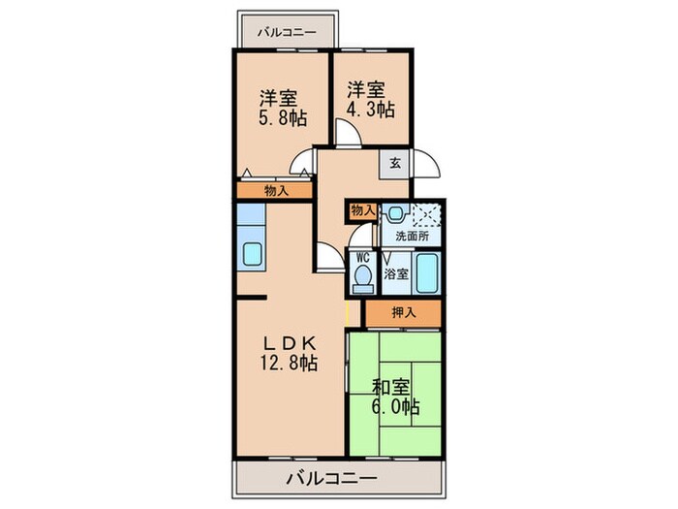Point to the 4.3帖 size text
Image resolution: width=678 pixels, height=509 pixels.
tap(372, 110)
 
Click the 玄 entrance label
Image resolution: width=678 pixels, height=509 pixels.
tap(395, 163)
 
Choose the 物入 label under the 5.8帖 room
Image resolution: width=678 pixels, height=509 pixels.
tap(276, 191)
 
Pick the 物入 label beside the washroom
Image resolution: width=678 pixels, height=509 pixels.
tap(362, 210)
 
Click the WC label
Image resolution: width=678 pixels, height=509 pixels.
tap(362, 258)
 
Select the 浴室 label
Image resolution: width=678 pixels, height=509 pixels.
tap(396, 273)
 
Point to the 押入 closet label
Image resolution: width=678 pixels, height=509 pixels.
tap(403, 313)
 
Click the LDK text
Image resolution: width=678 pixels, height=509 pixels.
tap(287, 342)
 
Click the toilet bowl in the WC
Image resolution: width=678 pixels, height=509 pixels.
tap(362, 281)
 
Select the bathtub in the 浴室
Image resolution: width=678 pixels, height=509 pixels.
tap(427, 271)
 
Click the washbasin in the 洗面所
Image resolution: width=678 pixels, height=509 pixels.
tap(394, 215)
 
